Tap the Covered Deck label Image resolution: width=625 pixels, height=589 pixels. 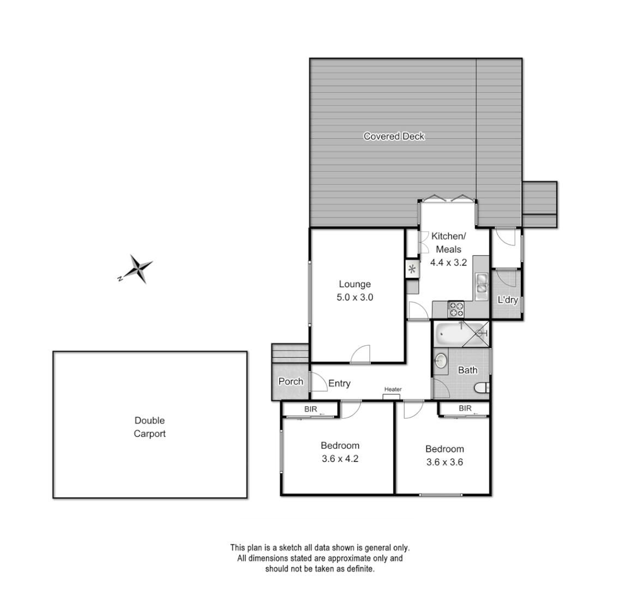tap(394, 136)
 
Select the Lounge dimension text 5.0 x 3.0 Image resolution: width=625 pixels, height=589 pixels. tap(354, 298)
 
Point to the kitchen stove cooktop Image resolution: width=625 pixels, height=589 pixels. tap(456, 309)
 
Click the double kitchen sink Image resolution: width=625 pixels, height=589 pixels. tap(482, 286)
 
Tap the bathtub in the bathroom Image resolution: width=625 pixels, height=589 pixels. tap(452, 333)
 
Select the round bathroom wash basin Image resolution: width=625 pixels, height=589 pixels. tap(441, 360)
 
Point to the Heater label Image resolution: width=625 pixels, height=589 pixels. tap(393, 389)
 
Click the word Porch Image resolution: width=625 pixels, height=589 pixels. tap(291, 381)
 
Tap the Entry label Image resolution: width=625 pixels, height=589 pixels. tap(339, 383)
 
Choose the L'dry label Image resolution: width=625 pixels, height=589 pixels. tap(507, 300)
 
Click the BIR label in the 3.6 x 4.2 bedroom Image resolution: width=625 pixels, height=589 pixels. tap(311, 408)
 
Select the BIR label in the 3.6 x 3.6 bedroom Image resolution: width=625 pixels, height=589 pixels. tap(465, 408)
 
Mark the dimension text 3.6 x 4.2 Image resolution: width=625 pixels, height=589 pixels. tap(340, 459)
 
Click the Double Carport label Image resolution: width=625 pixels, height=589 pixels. tap(149, 427)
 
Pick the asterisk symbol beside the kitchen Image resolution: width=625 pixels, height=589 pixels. tap(412, 269)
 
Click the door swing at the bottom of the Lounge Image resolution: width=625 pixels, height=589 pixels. tap(360, 355)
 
